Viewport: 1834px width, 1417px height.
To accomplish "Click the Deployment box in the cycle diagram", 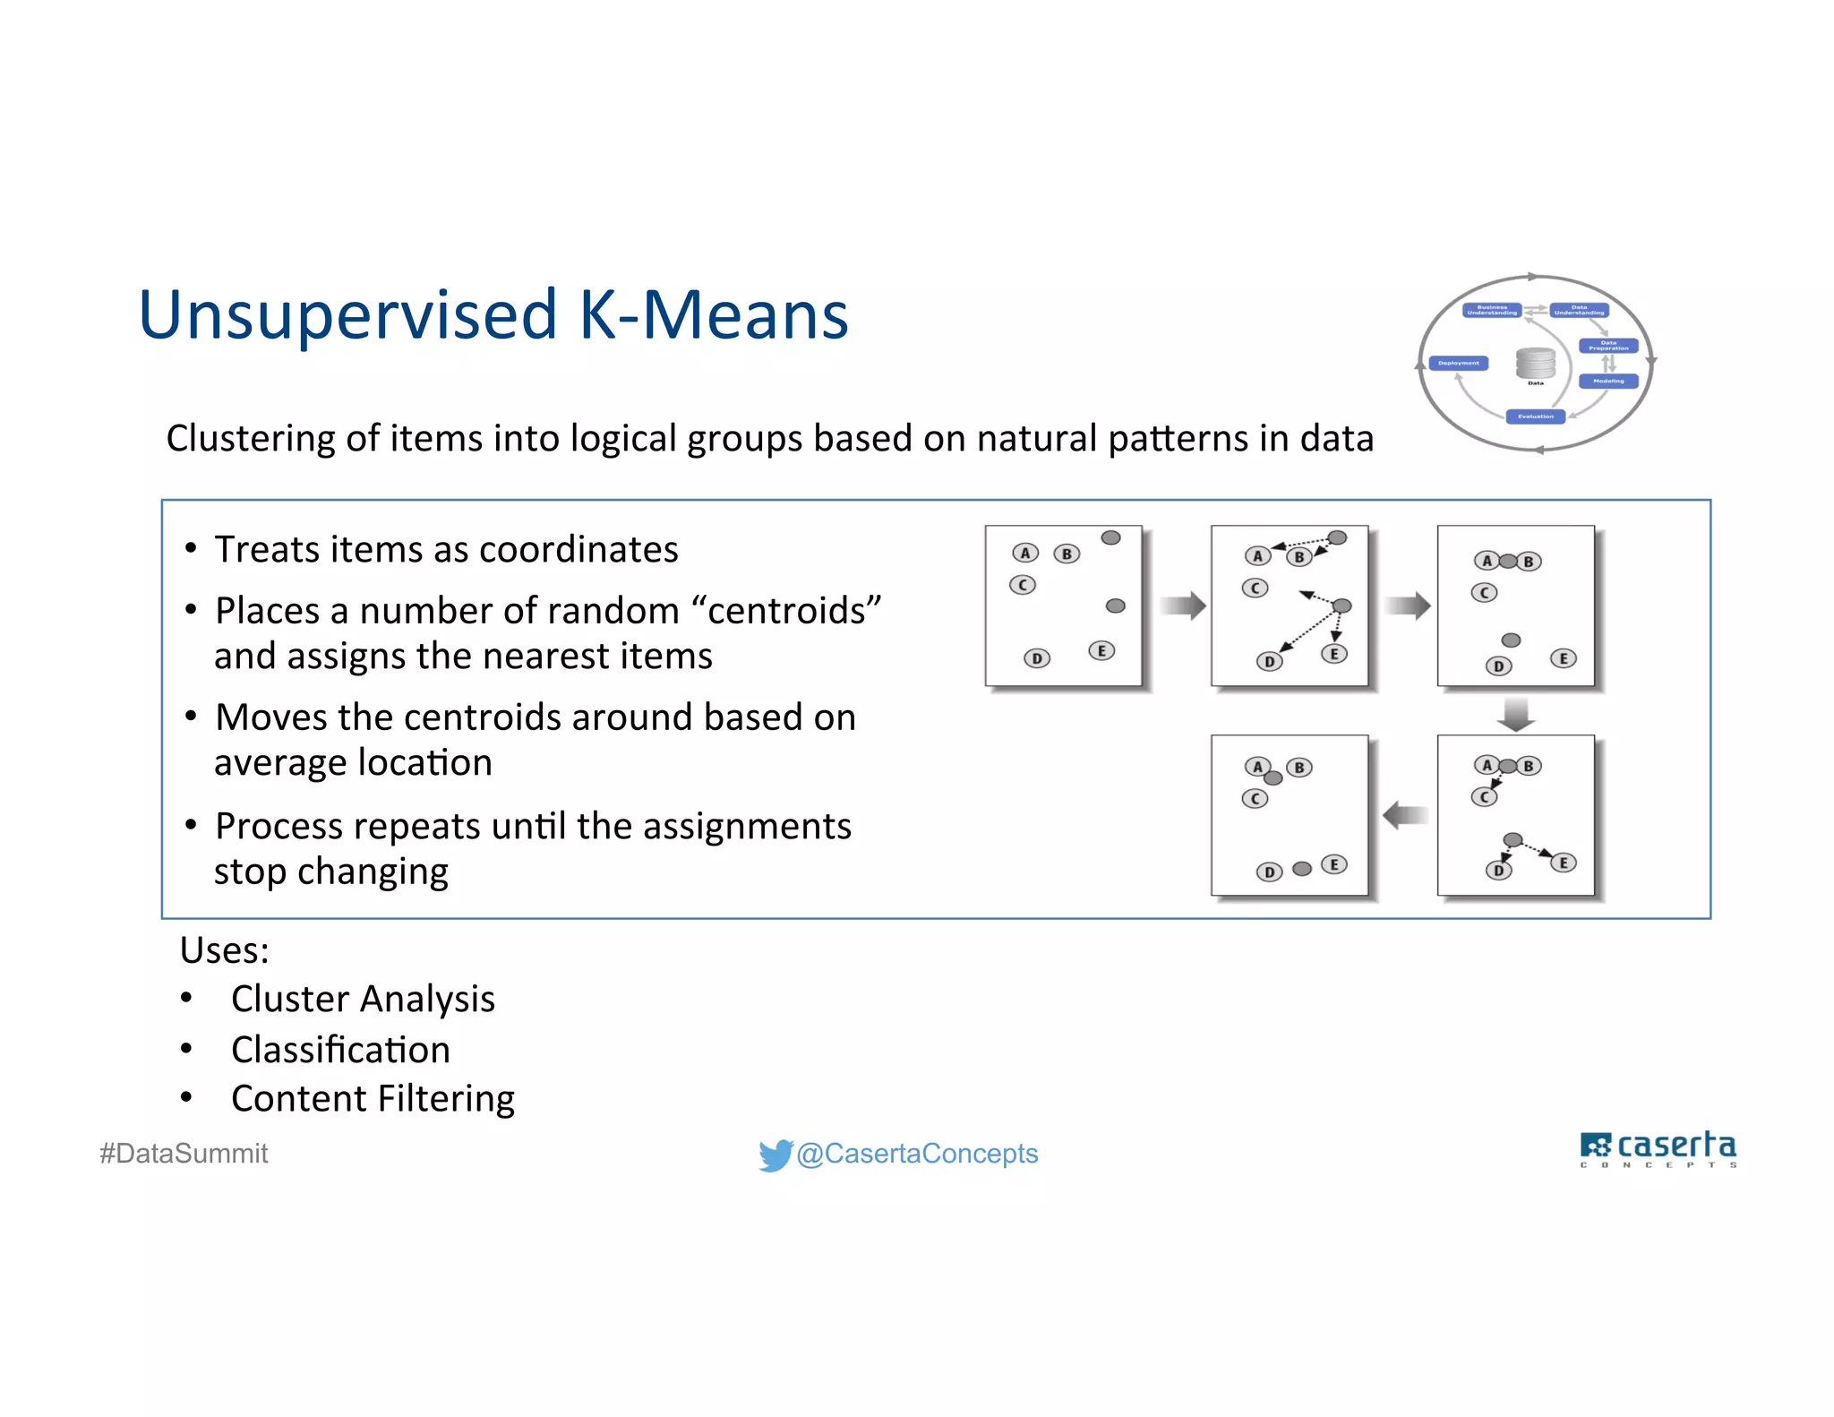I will click(x=1459, y=363).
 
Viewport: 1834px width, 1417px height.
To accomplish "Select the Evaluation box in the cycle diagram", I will click(x=1535, y=417).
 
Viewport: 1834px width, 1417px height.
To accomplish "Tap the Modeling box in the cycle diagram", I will click(x=1608, y=381).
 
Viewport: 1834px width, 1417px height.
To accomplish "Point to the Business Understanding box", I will click(x=1492, y=310).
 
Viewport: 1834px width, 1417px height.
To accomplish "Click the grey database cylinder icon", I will click(x=1535, y=363).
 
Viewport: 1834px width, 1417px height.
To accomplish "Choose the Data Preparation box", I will click(x=1608, y=346).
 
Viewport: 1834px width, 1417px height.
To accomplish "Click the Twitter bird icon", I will click(x=775, y=1155).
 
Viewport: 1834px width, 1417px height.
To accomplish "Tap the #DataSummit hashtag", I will click(x=184, y=1154).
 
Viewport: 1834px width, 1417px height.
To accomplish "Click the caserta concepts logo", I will click(x=1658, y=1149).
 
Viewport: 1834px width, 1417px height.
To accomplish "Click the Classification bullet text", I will click(x=340, y=1050).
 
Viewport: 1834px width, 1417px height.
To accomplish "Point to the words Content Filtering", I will click(x=373, y=1099).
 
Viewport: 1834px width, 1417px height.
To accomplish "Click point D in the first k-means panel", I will click(x=1036, y=659).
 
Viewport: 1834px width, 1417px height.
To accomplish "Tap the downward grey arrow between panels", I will click(x=1515, y=714).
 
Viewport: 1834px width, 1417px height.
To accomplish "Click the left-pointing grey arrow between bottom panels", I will click(x=1405, y=815).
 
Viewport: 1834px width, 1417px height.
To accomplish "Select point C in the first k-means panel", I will click(x=1022, y=586).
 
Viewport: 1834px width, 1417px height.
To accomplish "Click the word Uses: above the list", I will click(x=224, y=950).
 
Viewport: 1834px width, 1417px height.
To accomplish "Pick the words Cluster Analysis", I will click(x=363, y=999).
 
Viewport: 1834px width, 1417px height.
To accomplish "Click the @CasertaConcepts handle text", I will click(x=917, y=1154).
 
